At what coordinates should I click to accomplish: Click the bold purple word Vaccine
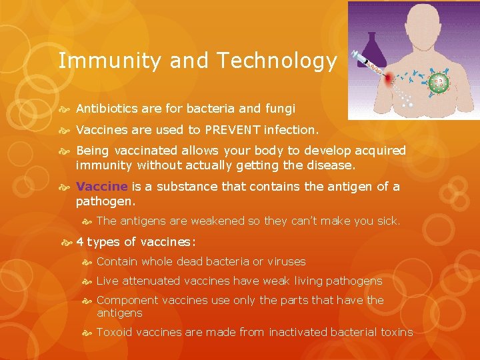101,187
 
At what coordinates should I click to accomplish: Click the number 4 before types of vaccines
80,242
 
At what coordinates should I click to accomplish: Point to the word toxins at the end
396,332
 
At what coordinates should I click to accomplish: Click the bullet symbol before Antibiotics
66,109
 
